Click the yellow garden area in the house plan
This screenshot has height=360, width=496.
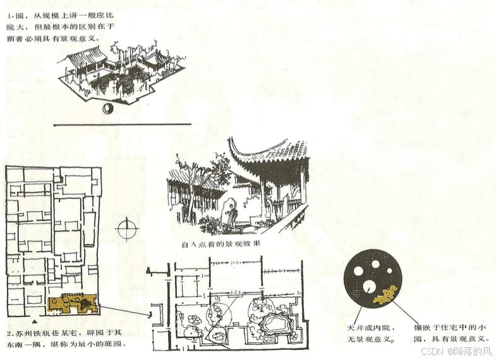tap(71, 304)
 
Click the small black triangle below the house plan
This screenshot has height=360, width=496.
tap(33, 322)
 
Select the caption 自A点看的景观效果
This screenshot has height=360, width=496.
tap(221, 244)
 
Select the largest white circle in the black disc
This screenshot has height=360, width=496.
tap(358, 271)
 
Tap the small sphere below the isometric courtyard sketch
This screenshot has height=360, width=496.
tap(107, 109)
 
